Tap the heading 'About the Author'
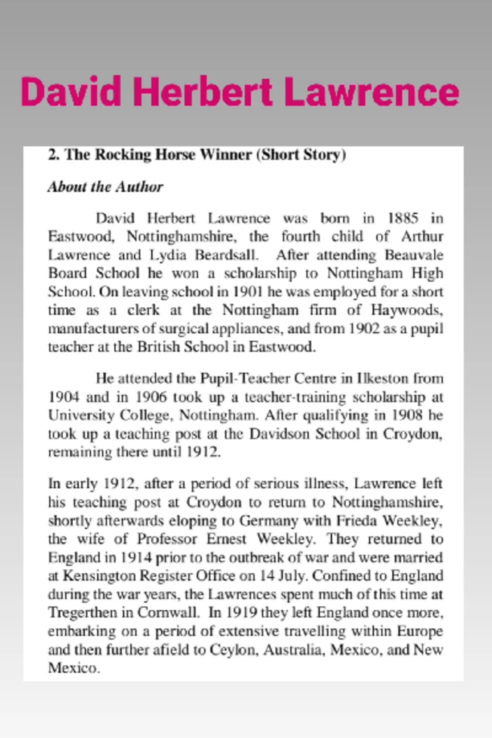pos(105,187)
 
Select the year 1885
pos(403,218)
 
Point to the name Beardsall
pos(226,255)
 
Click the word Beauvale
pos(414,255)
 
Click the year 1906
pos(151,397)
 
